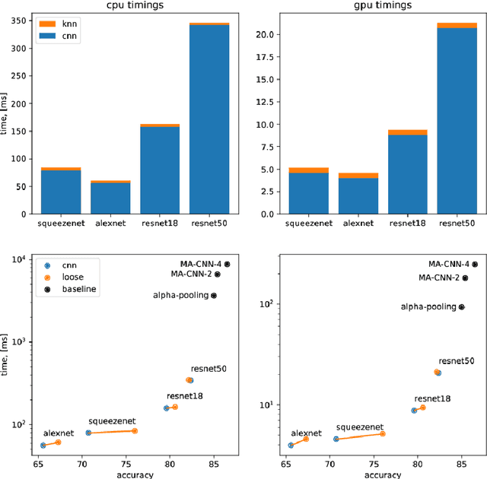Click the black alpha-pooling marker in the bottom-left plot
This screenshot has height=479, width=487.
214,295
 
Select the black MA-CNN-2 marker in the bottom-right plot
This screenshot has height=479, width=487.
465,278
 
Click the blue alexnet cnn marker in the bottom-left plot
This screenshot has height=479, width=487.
43,446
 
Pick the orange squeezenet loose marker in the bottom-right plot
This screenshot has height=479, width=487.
383,433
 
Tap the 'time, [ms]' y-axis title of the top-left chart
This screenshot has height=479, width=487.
6,118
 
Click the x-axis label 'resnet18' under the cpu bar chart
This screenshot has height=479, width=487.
160,224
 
